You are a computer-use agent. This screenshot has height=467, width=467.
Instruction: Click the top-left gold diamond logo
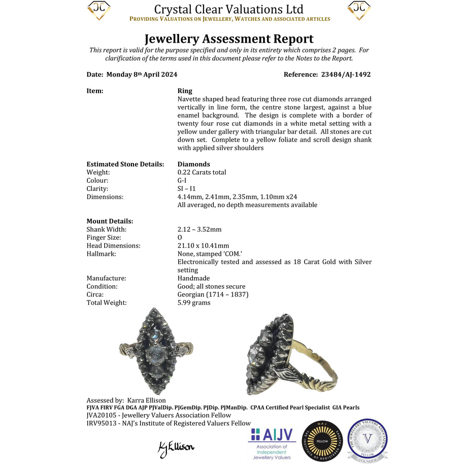click(99, 11)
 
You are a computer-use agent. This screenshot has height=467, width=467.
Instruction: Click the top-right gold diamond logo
click(359, 11)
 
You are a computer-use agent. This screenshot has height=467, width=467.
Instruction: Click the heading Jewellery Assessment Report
click(229, 39)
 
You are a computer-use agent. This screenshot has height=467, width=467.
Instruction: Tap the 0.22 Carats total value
click(202, 172)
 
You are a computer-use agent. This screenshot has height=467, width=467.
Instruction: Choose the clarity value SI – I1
click(190, 188)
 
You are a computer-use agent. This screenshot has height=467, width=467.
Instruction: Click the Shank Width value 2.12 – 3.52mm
click(199, 229)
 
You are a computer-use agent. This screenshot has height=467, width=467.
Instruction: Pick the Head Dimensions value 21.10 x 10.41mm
click(203, 246)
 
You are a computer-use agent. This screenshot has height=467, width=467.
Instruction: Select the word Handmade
click(193, 278)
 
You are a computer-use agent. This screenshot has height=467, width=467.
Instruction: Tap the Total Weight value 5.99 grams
click(194, 303)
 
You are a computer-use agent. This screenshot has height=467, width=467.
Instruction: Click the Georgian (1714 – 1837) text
click(213, 294)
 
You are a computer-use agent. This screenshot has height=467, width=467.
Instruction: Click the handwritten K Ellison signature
click(176, 447)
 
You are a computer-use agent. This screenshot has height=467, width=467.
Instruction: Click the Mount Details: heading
click(110, 221)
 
